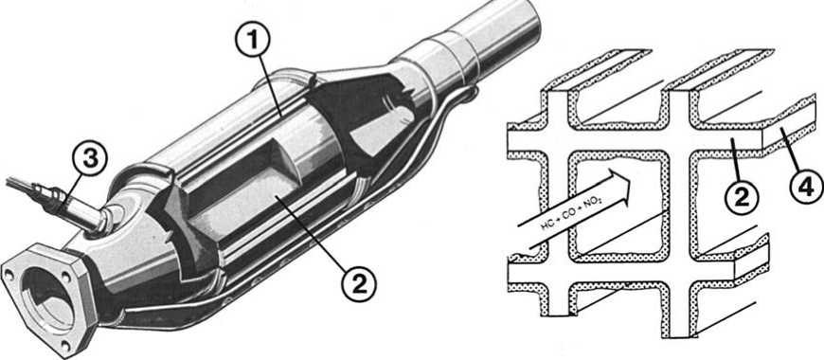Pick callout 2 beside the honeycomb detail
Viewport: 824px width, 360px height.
tap(742, 196)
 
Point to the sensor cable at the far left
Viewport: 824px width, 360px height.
tap(21, 186)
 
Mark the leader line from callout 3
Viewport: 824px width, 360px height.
tap(73, 192)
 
